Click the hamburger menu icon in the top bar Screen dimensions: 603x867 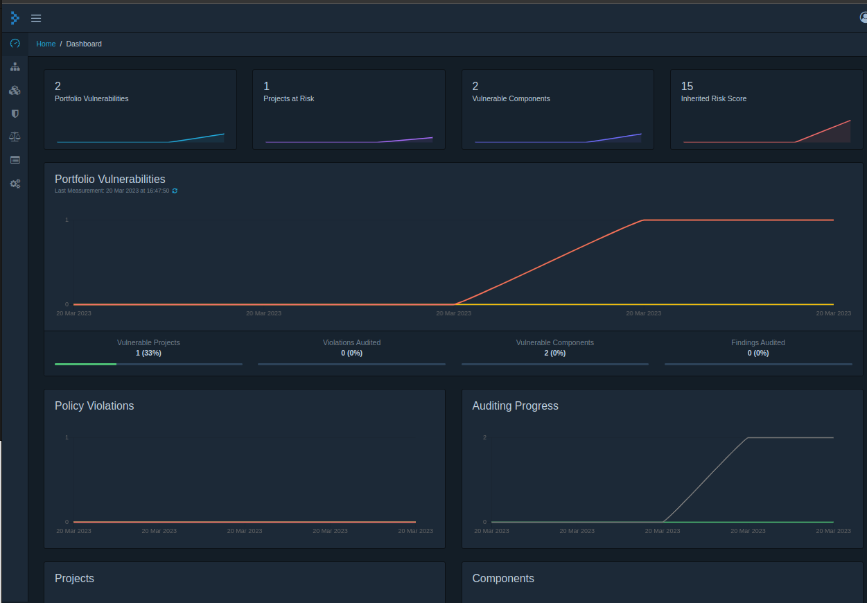(x=36, y=18)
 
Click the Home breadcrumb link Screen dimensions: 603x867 (x=46, y=44)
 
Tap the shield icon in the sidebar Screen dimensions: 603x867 (x=15, y=114)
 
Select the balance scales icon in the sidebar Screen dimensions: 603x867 (x=15, y=137)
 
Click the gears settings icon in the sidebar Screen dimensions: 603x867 (x=15, y=184)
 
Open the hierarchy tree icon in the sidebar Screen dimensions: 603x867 (x=15, y=67)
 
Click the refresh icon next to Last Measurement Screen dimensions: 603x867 (x=175, y=191)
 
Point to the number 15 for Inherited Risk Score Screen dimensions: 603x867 (x=687, y=87)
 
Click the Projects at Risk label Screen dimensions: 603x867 (x=288, y=98)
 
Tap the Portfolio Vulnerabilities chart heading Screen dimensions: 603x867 (x=110, y=179)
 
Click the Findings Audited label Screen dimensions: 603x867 (x=757, y=342)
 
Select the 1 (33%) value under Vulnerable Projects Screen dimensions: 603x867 (x=148, y=353)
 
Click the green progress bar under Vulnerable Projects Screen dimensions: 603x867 (x=85, y=364)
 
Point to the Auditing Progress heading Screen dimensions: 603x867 (x=515, y=405)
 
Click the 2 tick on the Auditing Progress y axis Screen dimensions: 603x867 (x=484, y=437)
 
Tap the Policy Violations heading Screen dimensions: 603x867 (x=94, y=405)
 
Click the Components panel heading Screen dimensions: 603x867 (x=502, y=578)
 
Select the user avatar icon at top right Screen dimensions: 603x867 (x=863, y=18)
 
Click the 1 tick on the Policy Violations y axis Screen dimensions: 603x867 (x=67, y=437)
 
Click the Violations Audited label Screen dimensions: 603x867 (x=351, y=342)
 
